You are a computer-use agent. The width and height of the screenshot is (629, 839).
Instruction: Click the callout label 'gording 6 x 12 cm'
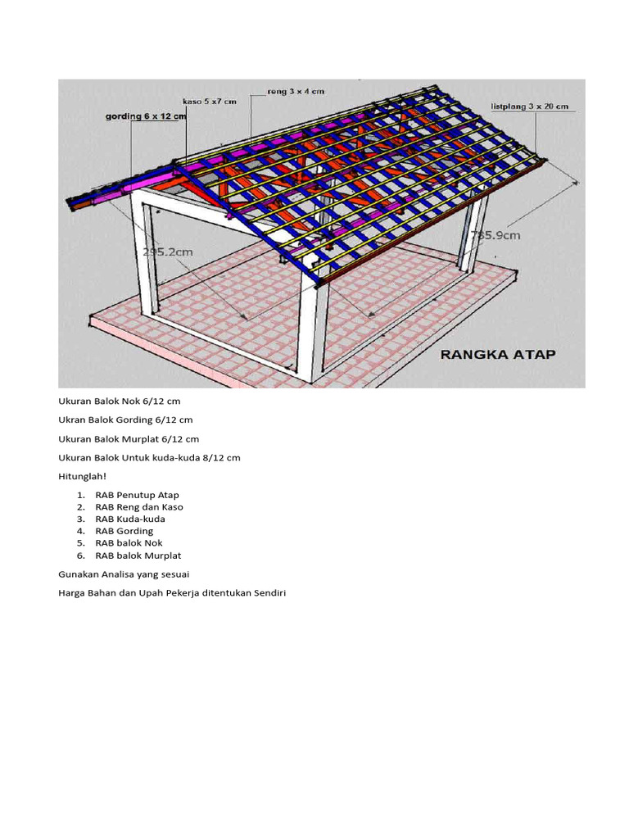[146, 116]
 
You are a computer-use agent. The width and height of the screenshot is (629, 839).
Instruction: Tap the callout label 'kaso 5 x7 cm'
[209, 101]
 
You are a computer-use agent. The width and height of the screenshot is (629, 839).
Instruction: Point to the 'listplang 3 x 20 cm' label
[531, 107]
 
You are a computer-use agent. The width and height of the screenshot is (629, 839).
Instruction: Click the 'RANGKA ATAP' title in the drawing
[498, 355]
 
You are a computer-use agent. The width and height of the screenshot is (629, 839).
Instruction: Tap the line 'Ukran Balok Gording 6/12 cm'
[125, 420]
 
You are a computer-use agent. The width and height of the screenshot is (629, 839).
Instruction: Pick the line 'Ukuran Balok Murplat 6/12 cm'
[129, 439]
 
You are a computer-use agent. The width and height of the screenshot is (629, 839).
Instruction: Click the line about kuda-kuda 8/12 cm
[149, 457]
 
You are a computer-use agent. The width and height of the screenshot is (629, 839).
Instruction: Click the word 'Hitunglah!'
[83, 476]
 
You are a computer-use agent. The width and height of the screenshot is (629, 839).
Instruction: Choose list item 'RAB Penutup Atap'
[137, 495]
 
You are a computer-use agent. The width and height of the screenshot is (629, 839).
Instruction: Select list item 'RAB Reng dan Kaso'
[139, 507]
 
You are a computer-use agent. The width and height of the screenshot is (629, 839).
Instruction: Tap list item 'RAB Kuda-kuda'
[130, 519]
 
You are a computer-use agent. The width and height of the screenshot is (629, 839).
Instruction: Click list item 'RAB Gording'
[124, 531]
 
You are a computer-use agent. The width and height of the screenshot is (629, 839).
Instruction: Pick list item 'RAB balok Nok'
[129, 543]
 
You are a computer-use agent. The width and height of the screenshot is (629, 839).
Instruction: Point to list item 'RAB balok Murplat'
[138, 556]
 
